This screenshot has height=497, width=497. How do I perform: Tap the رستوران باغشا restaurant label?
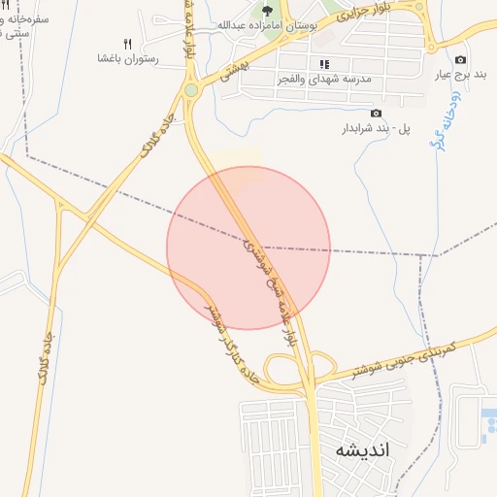click(x=128, y=59)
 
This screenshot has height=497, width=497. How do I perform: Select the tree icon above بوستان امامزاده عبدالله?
click(x=267, y=10)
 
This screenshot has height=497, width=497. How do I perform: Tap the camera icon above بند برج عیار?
click(x=460, y=60)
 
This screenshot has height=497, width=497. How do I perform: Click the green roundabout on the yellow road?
click(x=191, y=90)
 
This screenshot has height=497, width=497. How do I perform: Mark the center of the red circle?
click(x=248, y=248)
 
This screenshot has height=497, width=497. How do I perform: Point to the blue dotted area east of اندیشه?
click(x=488, y=427)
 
